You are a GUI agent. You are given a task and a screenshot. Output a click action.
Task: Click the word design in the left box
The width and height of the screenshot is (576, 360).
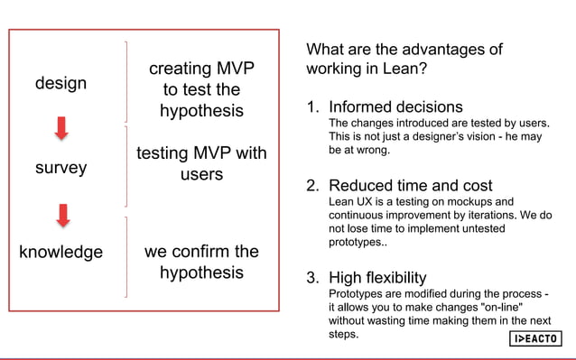(60, 83)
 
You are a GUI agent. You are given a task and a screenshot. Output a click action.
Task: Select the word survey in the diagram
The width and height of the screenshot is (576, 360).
(60, 168)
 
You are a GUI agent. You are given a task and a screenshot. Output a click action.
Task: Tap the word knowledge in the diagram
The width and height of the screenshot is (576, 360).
(60, 252)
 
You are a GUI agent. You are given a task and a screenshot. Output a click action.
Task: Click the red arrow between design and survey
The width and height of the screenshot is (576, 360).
(61, 129)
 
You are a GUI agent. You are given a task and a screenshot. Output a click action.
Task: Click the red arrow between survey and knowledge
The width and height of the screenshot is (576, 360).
(61, 215)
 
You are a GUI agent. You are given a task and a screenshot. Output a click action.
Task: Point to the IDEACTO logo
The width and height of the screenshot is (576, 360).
(536, 338)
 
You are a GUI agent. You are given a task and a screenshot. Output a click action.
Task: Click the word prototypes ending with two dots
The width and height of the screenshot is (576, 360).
(358, 244)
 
